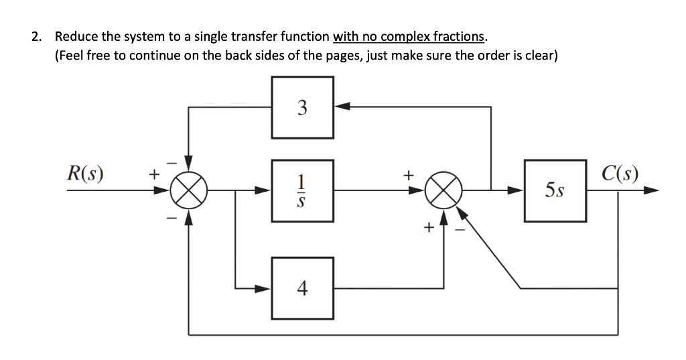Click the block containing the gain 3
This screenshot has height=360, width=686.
pos(302,107)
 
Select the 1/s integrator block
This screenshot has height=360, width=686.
pos(302,190)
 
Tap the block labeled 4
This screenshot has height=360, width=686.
pos(302,288)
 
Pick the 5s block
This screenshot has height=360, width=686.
pos(555,191)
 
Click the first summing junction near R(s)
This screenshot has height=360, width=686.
pos(189,190)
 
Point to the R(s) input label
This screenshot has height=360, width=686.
pos(85,174)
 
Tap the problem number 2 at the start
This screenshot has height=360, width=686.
pos(35,36)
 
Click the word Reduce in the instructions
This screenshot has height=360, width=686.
pos(76,36)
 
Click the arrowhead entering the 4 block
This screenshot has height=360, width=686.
pos(265,288)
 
